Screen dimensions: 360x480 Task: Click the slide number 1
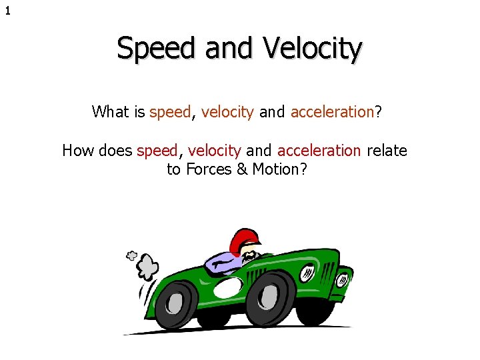coord(8,11)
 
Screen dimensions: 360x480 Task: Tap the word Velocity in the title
coord(313,49)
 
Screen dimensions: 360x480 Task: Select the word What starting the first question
coord(111,111)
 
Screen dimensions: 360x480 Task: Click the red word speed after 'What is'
coord(171,112)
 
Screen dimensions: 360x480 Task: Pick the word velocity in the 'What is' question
coord(227,112)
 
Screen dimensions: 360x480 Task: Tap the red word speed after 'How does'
coord(157,151)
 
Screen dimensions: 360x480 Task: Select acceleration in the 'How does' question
coord(319,151)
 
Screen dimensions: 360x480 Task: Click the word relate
coord(387,151)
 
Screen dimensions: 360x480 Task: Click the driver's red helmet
coord(243,239)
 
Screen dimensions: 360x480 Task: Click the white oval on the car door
coord(227,287)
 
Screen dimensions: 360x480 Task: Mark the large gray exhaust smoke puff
coord(147,267)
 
